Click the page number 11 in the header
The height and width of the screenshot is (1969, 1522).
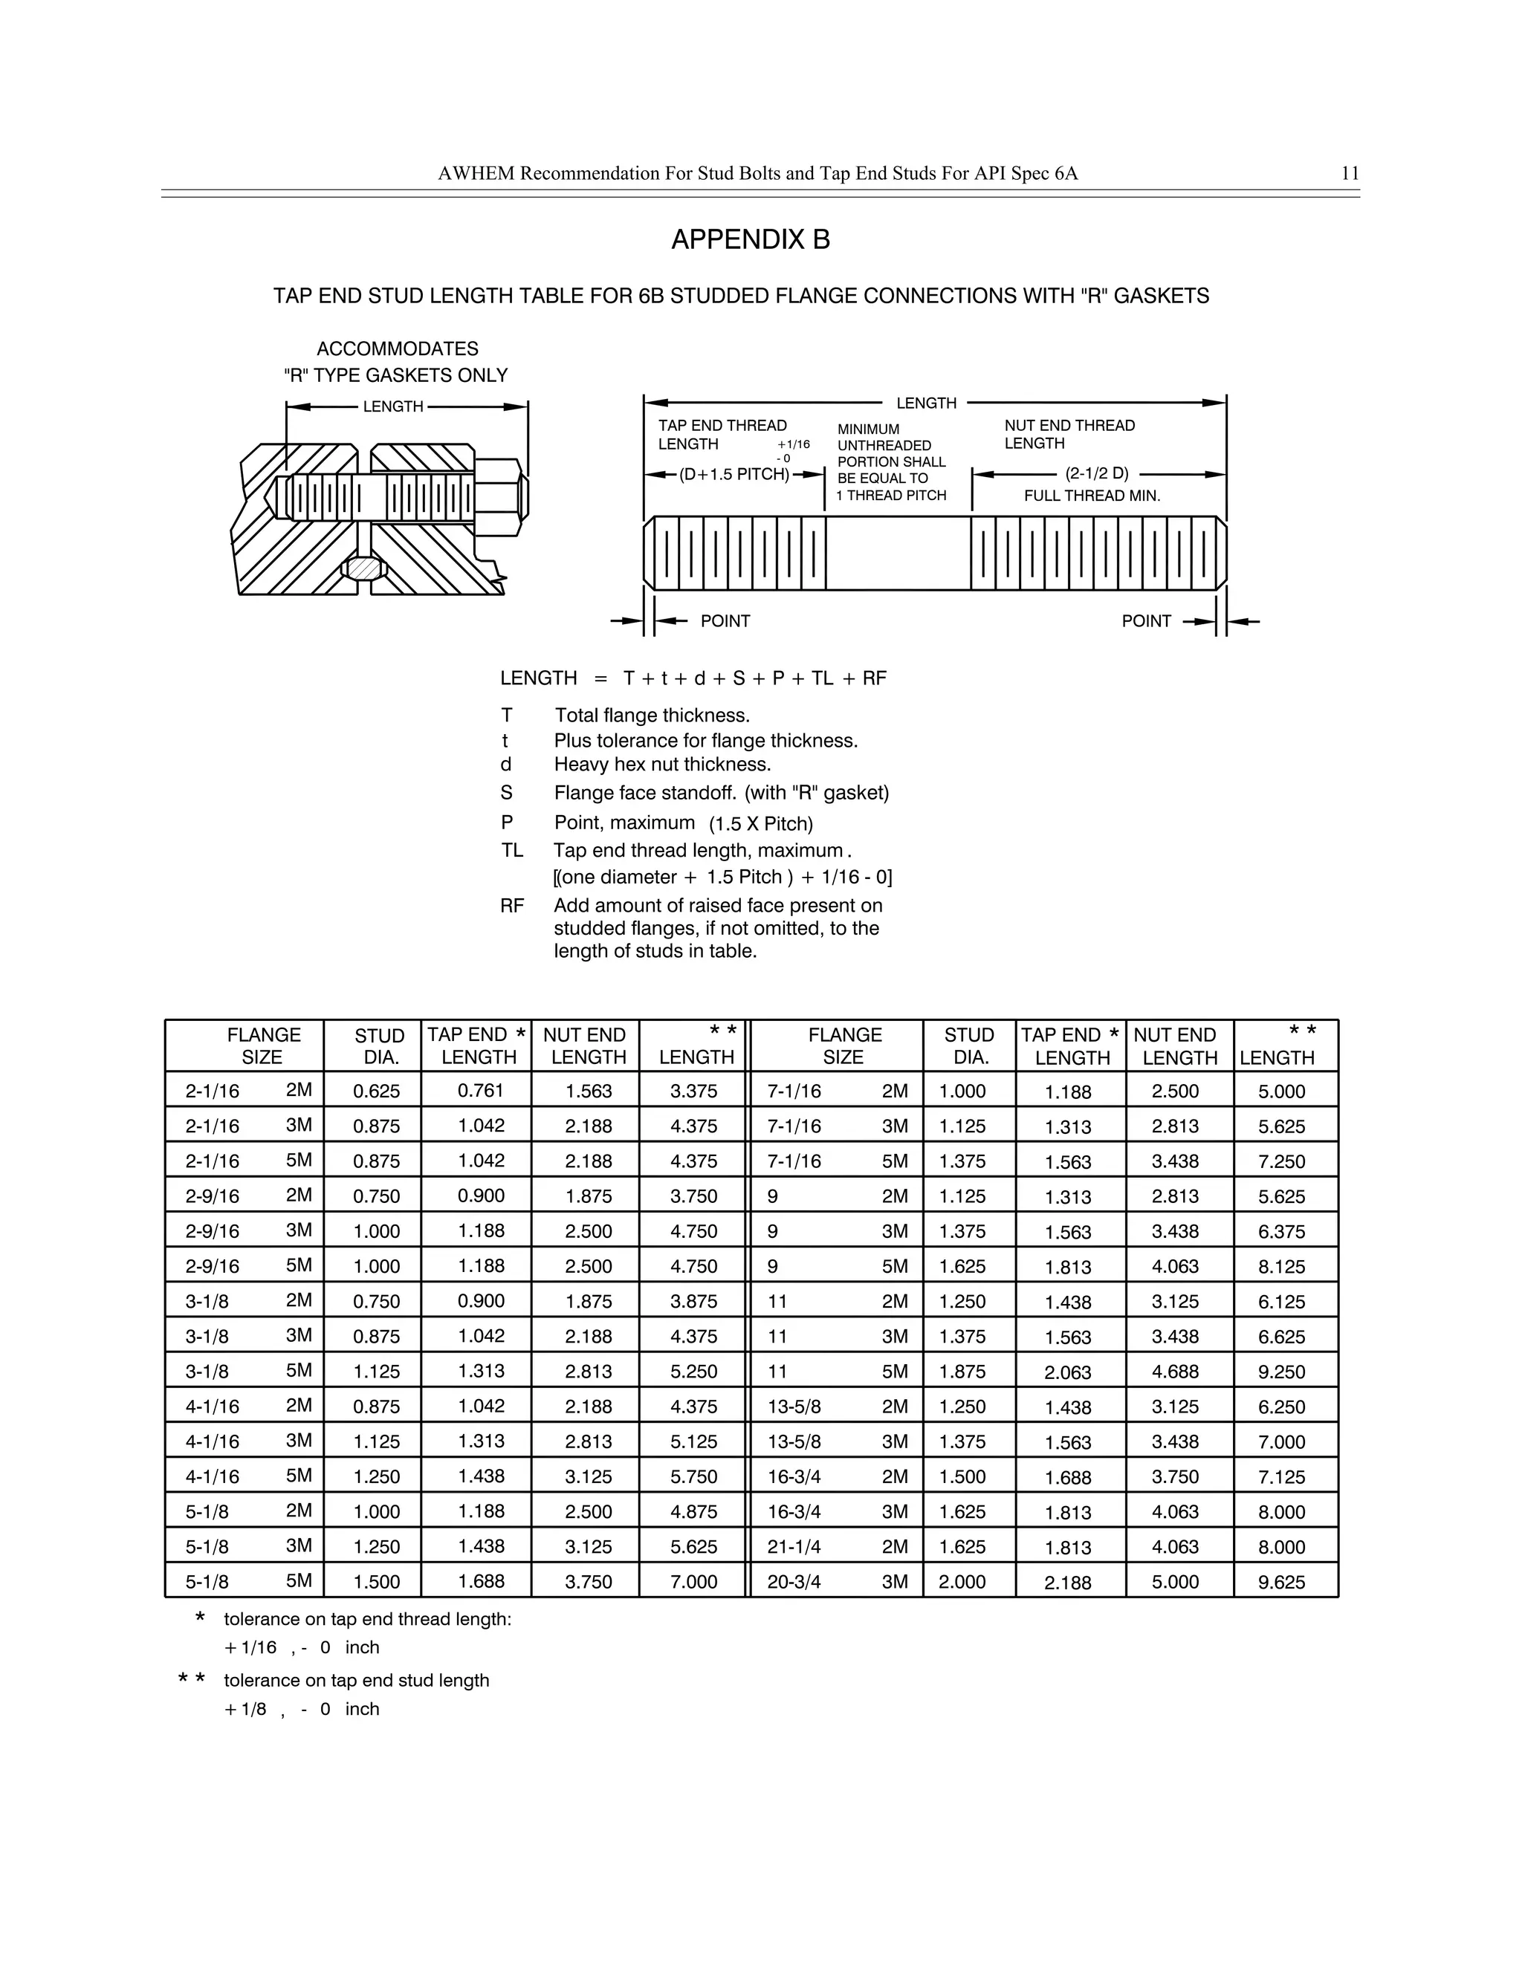pyautogui.click(x=1349, y=174)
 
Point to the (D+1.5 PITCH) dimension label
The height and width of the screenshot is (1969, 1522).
pyautogui.click(x=734, y=474)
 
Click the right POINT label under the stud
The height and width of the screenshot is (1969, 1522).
pyautogui.click(x=1146, y=621)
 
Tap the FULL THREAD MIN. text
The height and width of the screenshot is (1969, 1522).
pyautogui.click(x=1092, y=496)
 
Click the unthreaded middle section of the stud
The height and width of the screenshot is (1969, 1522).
pyautogui.click(x=897, y=553)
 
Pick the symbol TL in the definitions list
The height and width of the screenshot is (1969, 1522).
pyautogui.click(x=512, y=850)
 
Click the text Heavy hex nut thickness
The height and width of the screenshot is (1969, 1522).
pyautogui.click(x=663, y=765)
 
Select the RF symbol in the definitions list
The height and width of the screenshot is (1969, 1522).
pyautogui.click(x=511, y=905)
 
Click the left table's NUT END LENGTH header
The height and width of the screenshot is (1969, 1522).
pyautogui.click(x=585, y=1046)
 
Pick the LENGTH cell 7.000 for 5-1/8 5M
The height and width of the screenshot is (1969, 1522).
pyautogui.click(x=693, y=1582)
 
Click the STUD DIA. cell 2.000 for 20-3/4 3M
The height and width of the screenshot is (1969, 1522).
pyautogui.click(x=962, y=1582)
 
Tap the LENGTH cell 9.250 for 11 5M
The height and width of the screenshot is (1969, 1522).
pyautogui.click(x=1281, y=1372)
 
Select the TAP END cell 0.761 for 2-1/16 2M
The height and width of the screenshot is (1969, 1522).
pyautogui.click(x=481, y=1090)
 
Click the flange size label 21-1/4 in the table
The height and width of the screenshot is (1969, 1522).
pyautogui.click(x=794, y=1547)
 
